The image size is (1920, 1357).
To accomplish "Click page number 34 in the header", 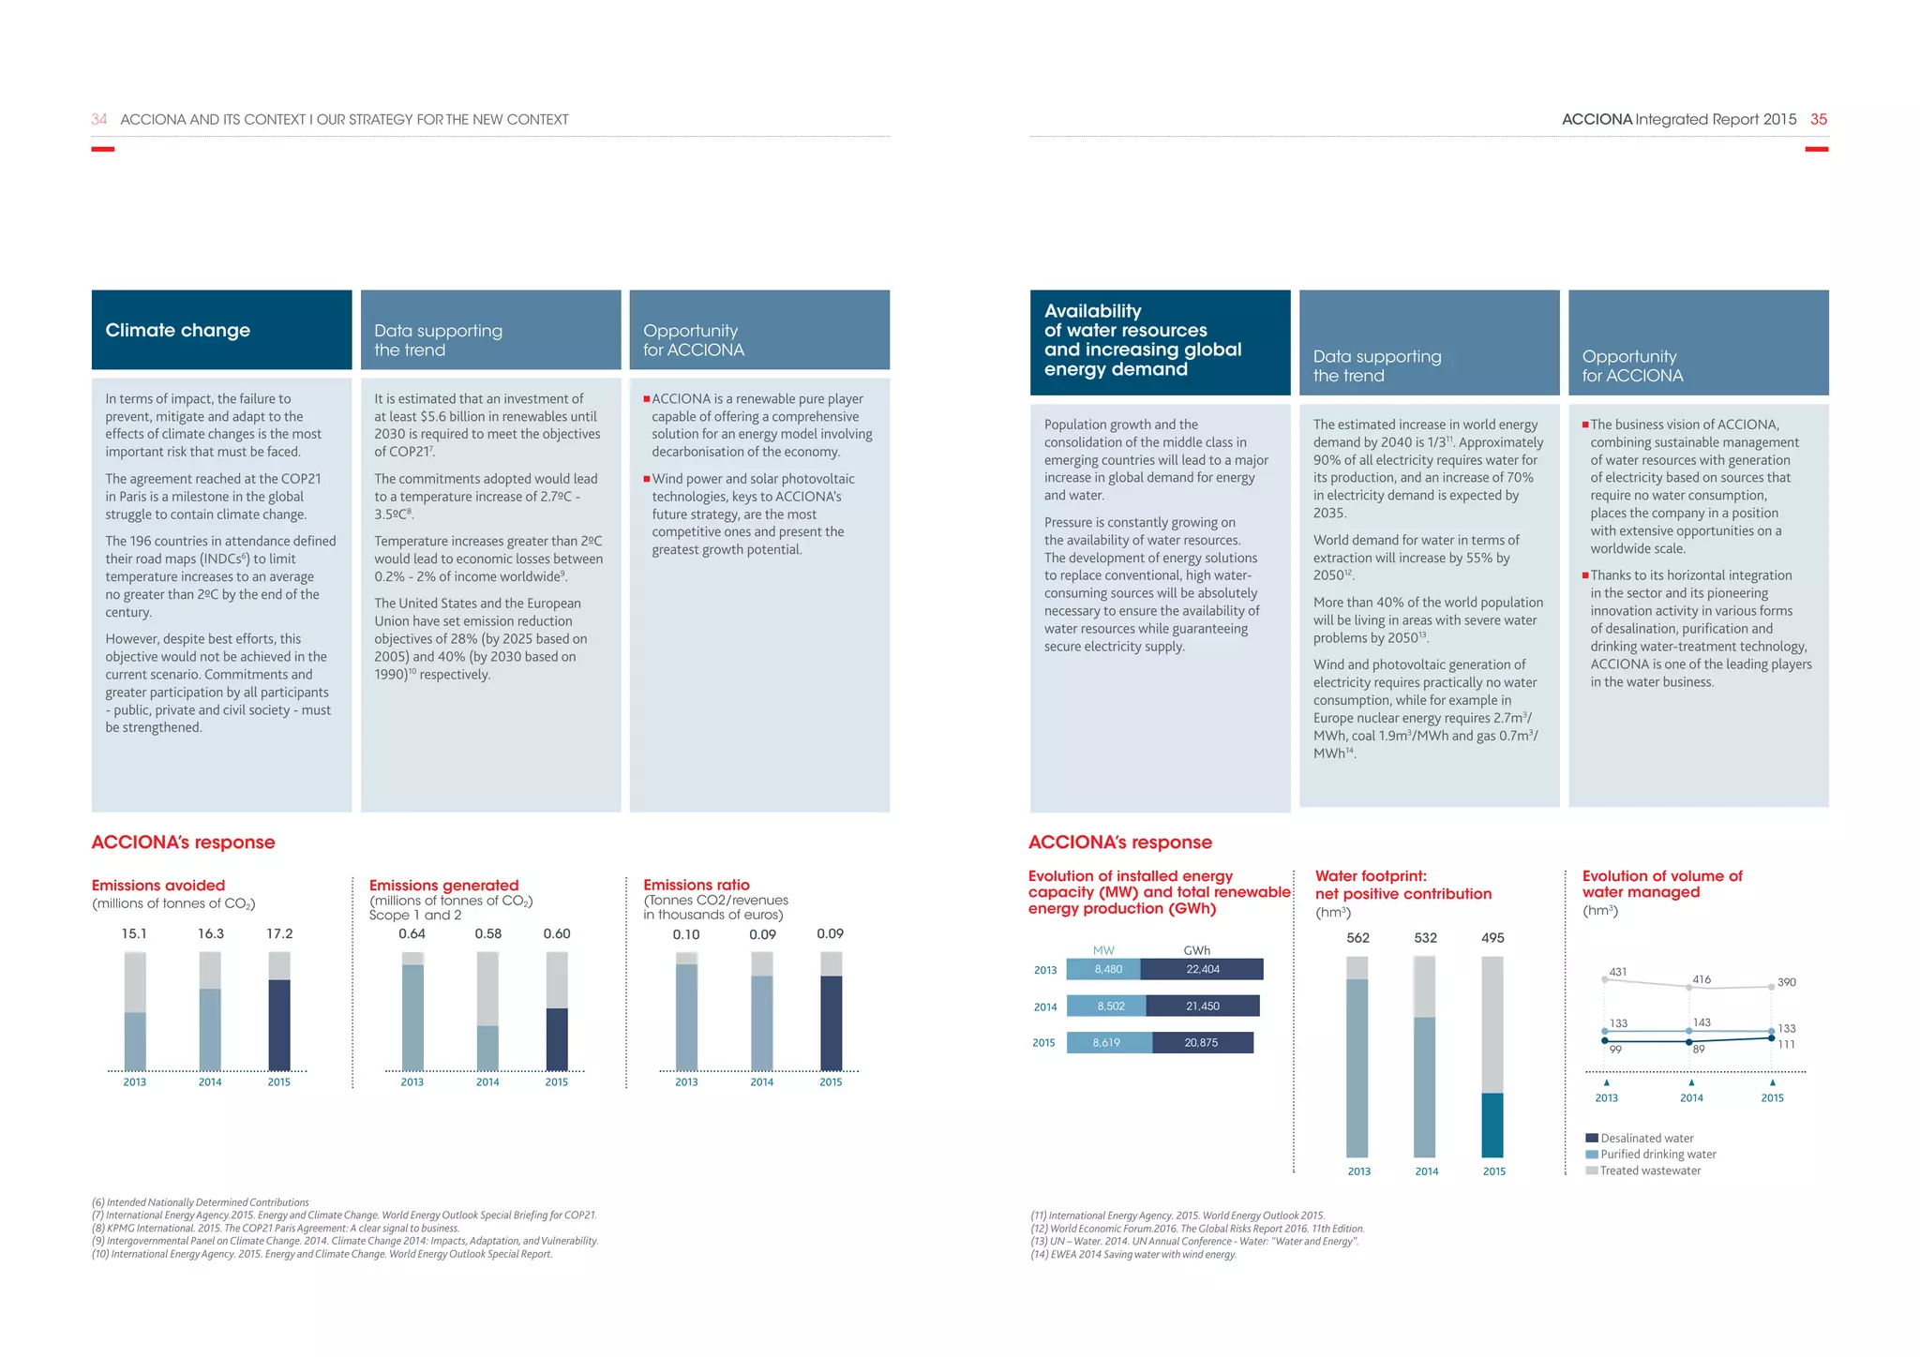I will [98, 119].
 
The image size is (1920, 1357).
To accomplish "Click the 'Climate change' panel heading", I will [178, 330].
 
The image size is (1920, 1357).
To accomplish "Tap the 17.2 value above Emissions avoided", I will [279, 933].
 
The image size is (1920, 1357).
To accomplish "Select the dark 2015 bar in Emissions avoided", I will [279, 1024].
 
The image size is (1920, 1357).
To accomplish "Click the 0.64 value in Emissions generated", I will [412, 933].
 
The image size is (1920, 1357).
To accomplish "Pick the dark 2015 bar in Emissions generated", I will [557, 1038].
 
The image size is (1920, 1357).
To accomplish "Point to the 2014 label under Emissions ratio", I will [761, 1081].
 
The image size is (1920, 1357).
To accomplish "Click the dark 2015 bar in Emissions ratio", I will [831, 1022].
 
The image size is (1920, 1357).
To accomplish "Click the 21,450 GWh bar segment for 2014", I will [1203, 1006].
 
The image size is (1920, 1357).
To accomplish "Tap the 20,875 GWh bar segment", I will [1202, 1042].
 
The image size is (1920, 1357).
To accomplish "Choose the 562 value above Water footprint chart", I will [1357, 937].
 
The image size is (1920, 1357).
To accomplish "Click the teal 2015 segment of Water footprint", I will [1492, 1125].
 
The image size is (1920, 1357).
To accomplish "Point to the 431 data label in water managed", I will [1618, 972].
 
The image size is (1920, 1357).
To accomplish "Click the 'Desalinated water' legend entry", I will [1646, 1138].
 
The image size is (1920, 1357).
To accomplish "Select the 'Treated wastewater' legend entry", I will [1649, 1171].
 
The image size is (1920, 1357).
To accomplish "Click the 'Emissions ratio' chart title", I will [697, 885].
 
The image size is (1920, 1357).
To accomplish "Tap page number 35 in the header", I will [1819, 119].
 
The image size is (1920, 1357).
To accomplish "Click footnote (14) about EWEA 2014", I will [1133, 1255].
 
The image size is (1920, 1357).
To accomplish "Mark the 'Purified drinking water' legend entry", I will [1657, 1155].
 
